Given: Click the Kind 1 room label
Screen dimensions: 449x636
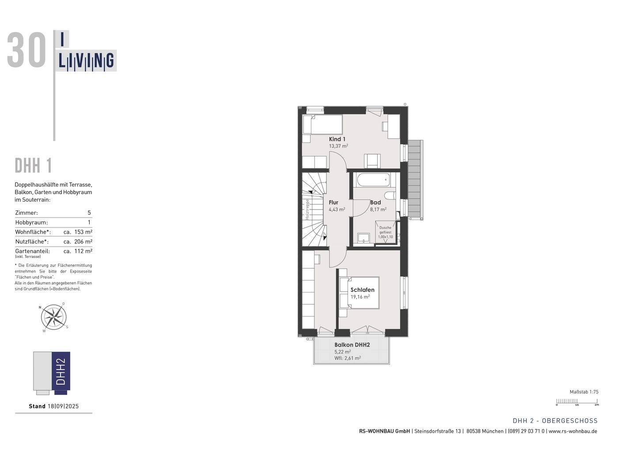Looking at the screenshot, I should [337, 139].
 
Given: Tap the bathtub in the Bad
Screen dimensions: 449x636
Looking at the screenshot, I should [373, 180].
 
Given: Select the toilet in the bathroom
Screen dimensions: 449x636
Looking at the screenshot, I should [390, 196].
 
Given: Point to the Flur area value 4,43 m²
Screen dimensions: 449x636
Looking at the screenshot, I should [337, 210].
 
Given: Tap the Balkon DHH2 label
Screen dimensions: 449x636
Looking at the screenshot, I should [352, 345].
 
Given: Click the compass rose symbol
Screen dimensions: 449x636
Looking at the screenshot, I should [54, 317].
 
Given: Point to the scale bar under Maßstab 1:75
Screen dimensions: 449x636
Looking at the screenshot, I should [577, 401].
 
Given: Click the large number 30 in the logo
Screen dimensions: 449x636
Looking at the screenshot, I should [26, 51].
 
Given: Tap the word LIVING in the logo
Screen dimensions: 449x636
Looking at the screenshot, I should [87, 61].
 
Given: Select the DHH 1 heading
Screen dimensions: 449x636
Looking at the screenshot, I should [34, 166].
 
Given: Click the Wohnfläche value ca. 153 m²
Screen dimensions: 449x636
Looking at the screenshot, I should [78, 232].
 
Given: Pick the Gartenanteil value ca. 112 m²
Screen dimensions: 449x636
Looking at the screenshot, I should [78, 251].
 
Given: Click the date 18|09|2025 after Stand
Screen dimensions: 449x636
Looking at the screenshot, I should [63, 406].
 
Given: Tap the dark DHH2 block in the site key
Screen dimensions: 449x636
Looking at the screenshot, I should [61, 370].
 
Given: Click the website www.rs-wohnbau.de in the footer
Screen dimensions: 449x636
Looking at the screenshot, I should [573, 431].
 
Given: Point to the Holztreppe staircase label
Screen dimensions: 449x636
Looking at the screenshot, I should [307, 210].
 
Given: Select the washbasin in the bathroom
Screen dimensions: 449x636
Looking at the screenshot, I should [363, 238].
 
